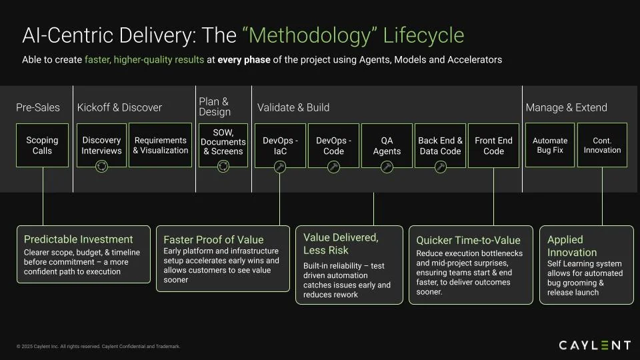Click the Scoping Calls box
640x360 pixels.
pyautogui.click(x=43, y=145)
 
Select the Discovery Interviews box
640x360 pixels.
pyautogui.click(x=101, y=145)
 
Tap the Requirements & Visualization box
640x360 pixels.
pyautogui.click(x=161, y=145)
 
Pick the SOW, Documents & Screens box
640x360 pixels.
pyautogui.click(x=223, y=145)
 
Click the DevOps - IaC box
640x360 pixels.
pyautogui.click(x=280, y=146)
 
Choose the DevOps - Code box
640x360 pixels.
pyautogui.click(x=333, y=146)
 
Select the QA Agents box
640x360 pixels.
pyautogui.click(x=387, y=146)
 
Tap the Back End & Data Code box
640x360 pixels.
pyautogui.click(x=441, y=146)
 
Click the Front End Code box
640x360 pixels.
pyautogui.click(x=493, y=146)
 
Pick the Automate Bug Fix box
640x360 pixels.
pyautogui.click(x=550, y=145)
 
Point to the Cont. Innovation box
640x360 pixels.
pyautogui.click(x=603, y=145)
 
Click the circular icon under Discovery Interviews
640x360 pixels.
pyautogui.click(x=101, y=167)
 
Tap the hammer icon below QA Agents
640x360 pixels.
pyautogui.click(x=387, y=167)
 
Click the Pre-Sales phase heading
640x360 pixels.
pyautogui.click(x=38, y=108)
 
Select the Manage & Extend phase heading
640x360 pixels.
pyautogui.click(x=567, y=108)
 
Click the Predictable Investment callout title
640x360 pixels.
pyautogui.click(x=79, y=239)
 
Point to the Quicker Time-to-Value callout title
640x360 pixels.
pyautogui.click(x=469, y=241)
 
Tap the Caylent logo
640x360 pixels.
pyautogui.click(x=595, y=345)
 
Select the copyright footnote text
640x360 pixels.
pyautogui.click(x=99, y=347)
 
